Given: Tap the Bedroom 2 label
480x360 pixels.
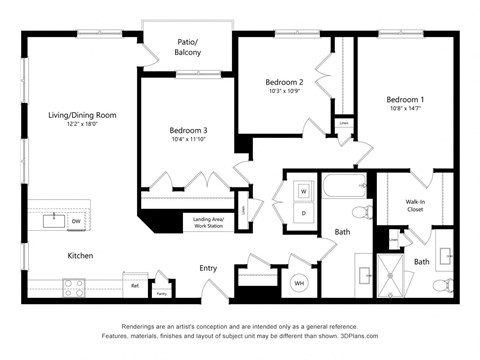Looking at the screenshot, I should pyautogui.click(x=284, y=82).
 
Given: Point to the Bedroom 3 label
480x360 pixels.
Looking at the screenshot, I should pyautogui.click(x=188, y=130).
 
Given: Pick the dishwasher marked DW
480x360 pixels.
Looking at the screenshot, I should pyautogui.click(x=76, y=220).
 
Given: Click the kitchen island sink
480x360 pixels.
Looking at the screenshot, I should pyautogui.click(x=48, y=220).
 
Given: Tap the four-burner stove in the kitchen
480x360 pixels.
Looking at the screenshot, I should pyautogui.click(x=74, y=287).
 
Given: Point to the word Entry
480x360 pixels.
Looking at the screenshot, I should pyautogui.click(x=208, y=268).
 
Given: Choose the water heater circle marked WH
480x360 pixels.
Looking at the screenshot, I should pyautogui.click(x=298, y=284).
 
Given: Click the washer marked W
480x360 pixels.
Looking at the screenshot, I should pyautogui.click(x=304, y=191).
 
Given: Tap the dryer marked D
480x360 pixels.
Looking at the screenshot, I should pyautogui.click(x=304, y=212).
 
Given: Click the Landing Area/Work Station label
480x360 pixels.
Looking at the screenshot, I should pyautogui.click(x=208, y=223).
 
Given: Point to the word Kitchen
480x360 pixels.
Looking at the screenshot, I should pyautogui.click(x=80, y=256).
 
